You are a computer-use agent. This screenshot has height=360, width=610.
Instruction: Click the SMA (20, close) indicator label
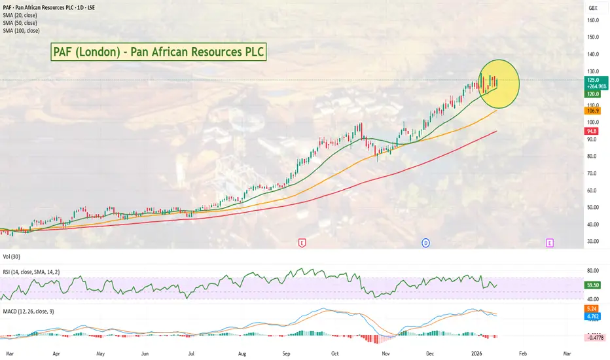[20, 15]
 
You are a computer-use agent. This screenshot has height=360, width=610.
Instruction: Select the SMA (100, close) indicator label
[21, 31]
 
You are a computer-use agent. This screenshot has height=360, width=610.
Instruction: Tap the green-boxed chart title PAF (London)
[158, 52]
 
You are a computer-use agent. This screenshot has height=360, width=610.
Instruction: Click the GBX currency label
[593, 8]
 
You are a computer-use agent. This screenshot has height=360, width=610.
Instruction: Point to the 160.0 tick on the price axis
[593, 20]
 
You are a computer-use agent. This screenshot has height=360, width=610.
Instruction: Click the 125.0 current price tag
[596, 80]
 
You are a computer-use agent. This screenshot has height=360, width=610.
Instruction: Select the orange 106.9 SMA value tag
[592, 111]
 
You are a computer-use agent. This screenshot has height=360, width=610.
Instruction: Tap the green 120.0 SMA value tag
[592, 94]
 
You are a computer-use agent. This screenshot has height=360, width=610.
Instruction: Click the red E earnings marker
[302, 243]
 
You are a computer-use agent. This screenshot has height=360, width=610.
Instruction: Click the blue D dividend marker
[425, 243]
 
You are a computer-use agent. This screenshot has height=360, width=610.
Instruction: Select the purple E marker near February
[550, 243]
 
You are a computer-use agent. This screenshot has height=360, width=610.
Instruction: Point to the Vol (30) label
[11, 257]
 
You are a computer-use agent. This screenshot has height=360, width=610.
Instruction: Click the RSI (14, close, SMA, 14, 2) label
[31, 272]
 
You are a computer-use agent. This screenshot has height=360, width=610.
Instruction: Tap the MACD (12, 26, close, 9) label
[28, 312]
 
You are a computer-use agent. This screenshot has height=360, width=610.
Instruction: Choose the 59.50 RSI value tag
[592, 285]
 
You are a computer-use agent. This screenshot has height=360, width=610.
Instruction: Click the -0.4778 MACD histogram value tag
[595, 338]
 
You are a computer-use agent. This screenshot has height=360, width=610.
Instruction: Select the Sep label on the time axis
[286, 353]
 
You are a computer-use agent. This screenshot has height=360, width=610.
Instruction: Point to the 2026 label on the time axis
[476, 353]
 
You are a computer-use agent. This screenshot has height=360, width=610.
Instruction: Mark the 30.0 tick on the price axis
[593, 242]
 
